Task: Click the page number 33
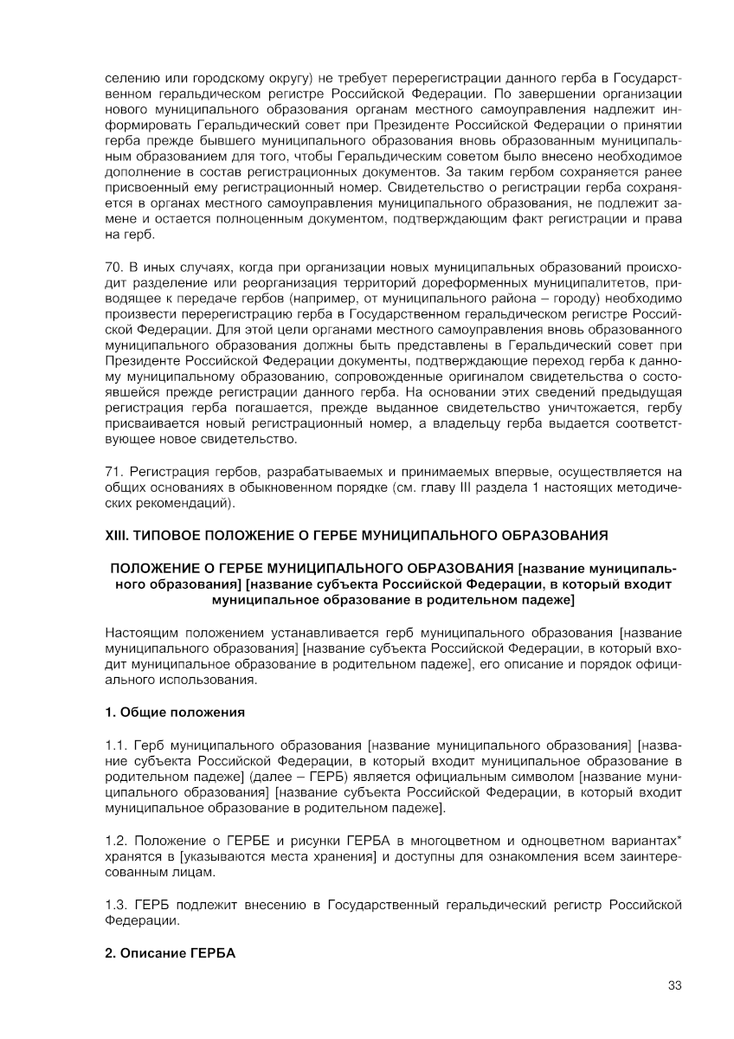675,985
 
